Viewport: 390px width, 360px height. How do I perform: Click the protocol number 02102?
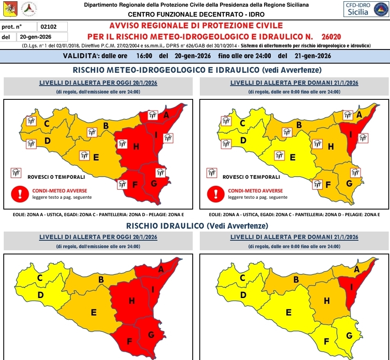48,27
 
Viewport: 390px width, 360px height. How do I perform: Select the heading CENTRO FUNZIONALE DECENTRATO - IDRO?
196,15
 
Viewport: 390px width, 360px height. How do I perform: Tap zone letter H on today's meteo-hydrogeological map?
136,146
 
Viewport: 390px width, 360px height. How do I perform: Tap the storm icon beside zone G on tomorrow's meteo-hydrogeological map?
355,173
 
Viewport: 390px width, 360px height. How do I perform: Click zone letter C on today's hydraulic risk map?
40,279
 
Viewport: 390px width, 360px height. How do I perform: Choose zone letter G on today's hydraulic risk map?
151,335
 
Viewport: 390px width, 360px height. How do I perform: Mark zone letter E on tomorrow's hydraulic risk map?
289,312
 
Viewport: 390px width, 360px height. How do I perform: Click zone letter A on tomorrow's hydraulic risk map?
356,269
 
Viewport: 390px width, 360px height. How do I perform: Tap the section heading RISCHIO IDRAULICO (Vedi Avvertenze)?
197,226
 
